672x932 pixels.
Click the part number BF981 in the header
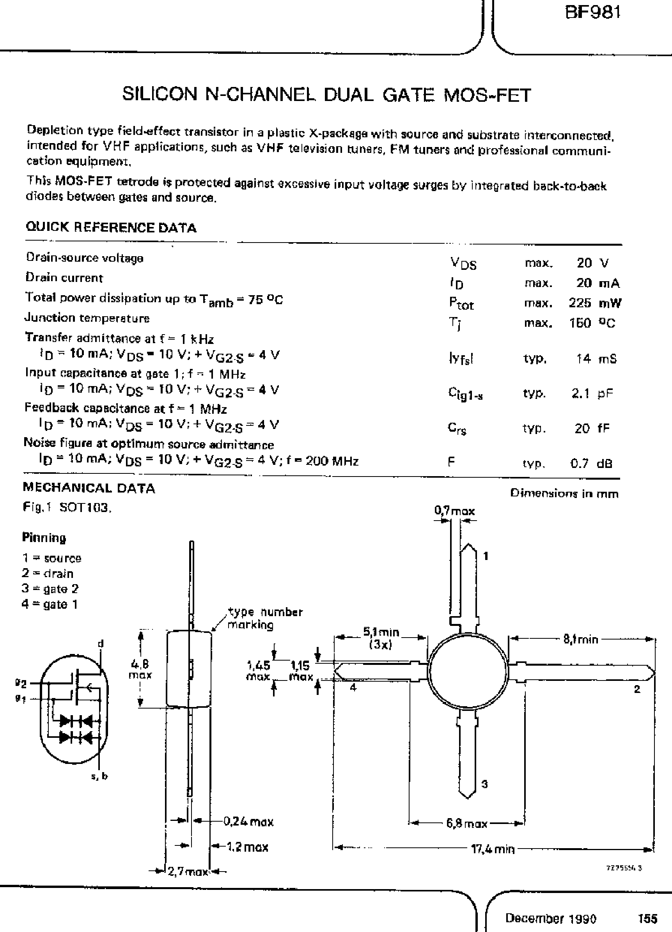592,13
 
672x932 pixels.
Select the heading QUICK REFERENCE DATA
111,227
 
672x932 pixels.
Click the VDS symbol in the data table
463,263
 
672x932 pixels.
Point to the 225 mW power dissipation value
594,303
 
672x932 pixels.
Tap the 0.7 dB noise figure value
591,464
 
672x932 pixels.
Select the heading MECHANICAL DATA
89,488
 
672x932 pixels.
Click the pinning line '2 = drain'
48,573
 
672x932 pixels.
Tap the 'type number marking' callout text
265,618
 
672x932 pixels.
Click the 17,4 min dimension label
492,849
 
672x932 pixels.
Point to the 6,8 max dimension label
466,823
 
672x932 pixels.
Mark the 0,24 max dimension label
248,822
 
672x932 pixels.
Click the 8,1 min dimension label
580,639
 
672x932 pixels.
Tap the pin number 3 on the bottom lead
484,784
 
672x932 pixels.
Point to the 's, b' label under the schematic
99,776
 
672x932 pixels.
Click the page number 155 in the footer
648,918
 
